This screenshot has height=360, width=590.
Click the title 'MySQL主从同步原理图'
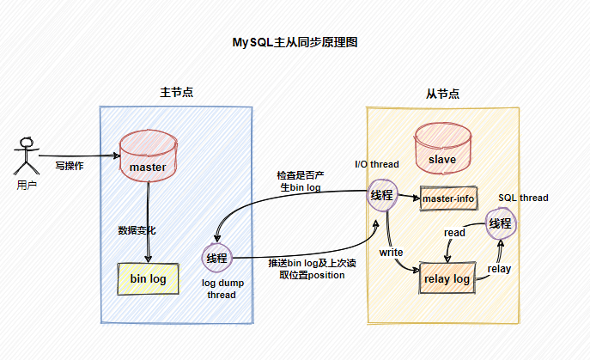294,42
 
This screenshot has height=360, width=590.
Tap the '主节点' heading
176,92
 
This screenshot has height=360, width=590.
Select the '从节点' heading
442,94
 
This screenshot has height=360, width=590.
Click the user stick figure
27,156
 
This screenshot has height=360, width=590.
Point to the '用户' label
27,185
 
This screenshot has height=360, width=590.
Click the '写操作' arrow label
69,165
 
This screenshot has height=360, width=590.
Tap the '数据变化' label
137,230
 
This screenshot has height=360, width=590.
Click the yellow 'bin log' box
148,278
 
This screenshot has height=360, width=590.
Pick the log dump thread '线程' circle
216,257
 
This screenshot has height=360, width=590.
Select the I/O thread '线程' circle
382,195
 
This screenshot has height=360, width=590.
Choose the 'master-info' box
448,199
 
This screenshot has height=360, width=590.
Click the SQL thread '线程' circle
500,224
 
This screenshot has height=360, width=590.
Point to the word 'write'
392,253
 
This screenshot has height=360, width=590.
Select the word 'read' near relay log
454,232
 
